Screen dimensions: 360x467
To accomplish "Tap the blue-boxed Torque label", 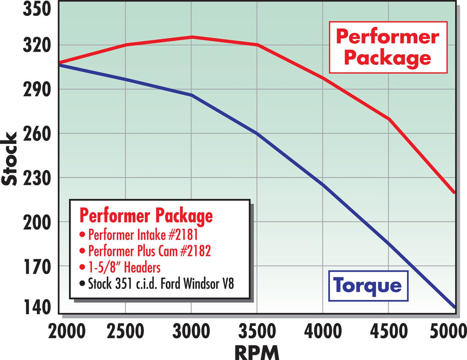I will pos(366,284).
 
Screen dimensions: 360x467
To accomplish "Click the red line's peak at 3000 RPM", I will pos(191,37).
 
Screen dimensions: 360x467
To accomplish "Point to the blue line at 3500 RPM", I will pos(257,133).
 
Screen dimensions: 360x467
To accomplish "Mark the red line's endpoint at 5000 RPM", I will pos(455,193).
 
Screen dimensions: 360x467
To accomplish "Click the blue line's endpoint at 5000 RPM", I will pos(455,308).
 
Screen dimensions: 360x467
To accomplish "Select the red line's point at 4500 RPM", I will pos(389,119).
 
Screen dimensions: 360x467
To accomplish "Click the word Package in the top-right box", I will pos(387,57).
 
